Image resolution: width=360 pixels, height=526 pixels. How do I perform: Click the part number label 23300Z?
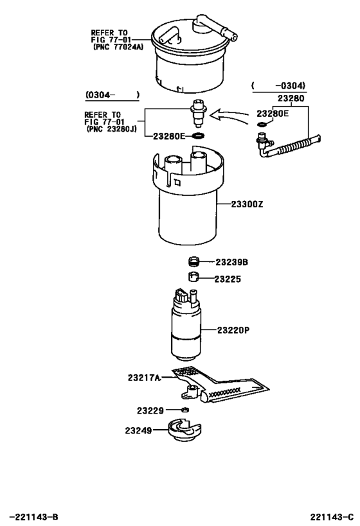click(243, 204)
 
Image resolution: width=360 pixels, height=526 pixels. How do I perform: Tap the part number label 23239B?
click(231, 262)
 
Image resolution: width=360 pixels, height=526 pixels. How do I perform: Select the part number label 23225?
click(227, 279)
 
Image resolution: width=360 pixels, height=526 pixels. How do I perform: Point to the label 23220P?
click(233, 330)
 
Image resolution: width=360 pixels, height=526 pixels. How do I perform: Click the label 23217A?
click(144, 378)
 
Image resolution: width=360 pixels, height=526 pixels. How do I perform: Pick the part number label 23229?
click(150, 410)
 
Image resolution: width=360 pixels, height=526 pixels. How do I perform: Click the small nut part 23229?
click(184, 410)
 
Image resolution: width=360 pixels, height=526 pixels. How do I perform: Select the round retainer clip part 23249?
click(186, 428)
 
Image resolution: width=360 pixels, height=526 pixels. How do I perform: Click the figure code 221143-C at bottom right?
click(331, 516)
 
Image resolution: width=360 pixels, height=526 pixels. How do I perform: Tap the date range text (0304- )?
click(112, 95)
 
